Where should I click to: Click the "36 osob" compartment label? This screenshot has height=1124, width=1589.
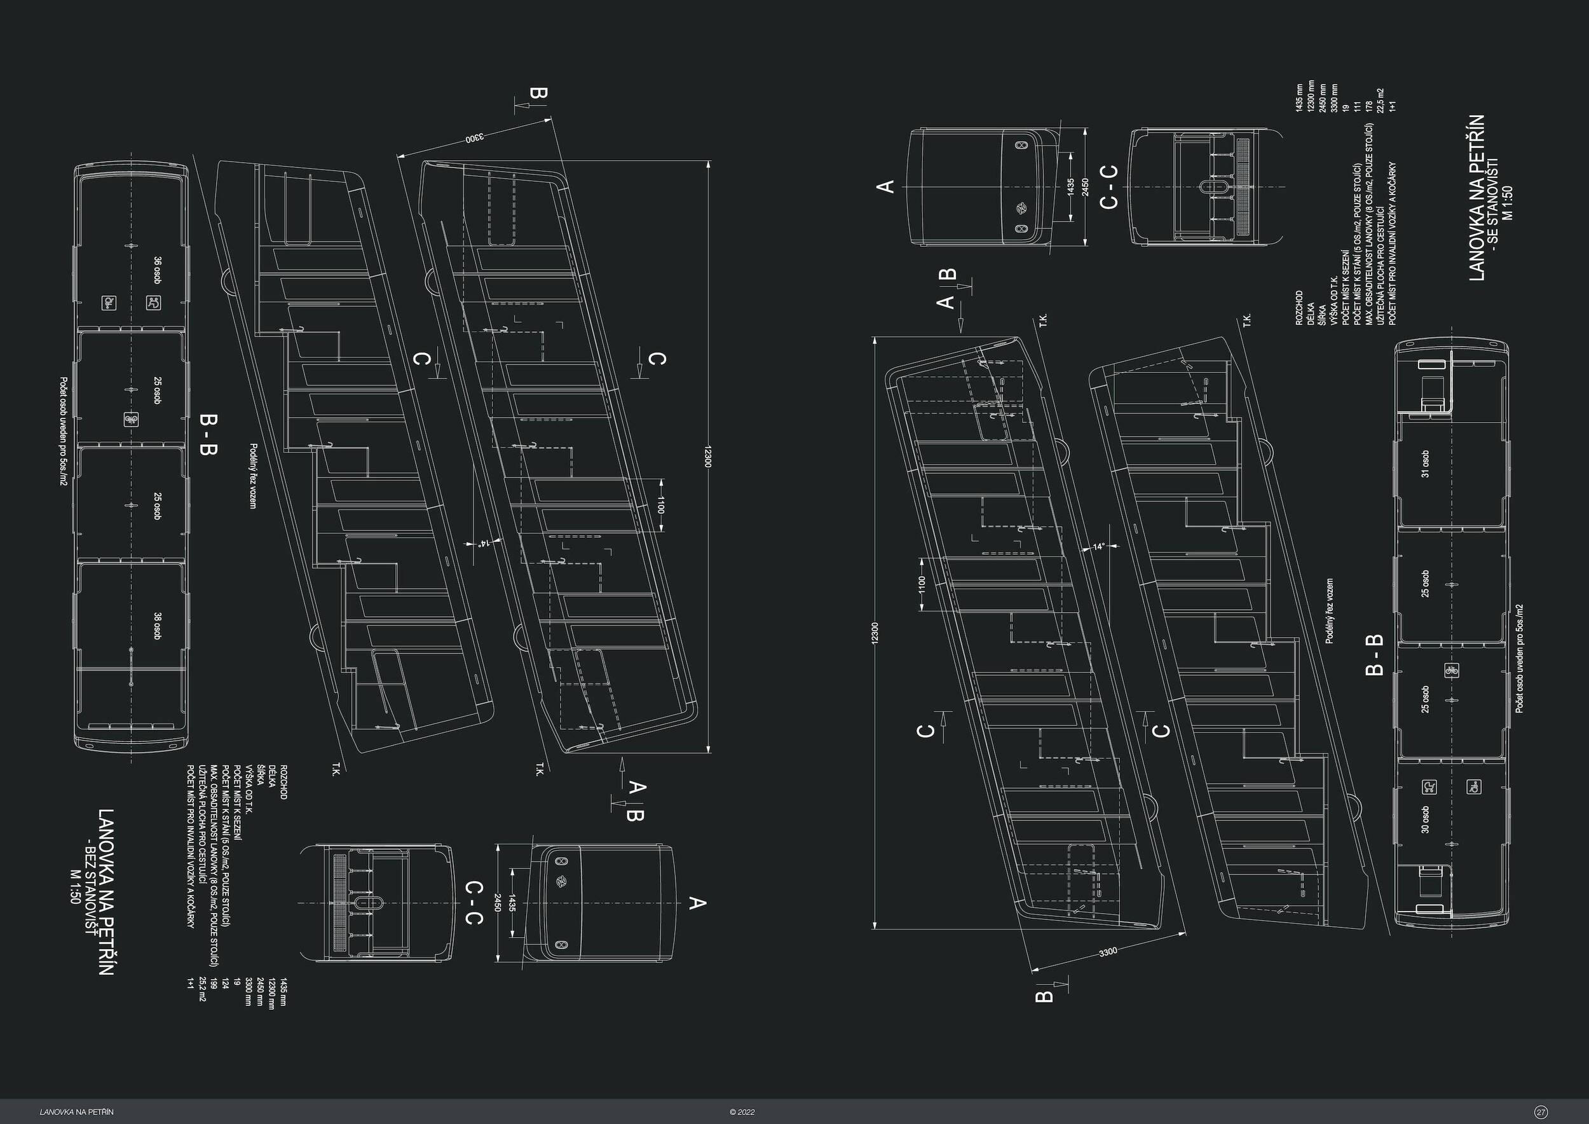pos(158,271)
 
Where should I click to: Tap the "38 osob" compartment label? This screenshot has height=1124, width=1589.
pos(158,626)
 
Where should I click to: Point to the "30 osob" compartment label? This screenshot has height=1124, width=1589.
pos(1425,819)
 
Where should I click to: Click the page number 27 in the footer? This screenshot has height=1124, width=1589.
pos(1541,1112)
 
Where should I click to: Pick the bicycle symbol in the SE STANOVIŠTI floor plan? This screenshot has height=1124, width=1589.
pos(1452,670)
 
